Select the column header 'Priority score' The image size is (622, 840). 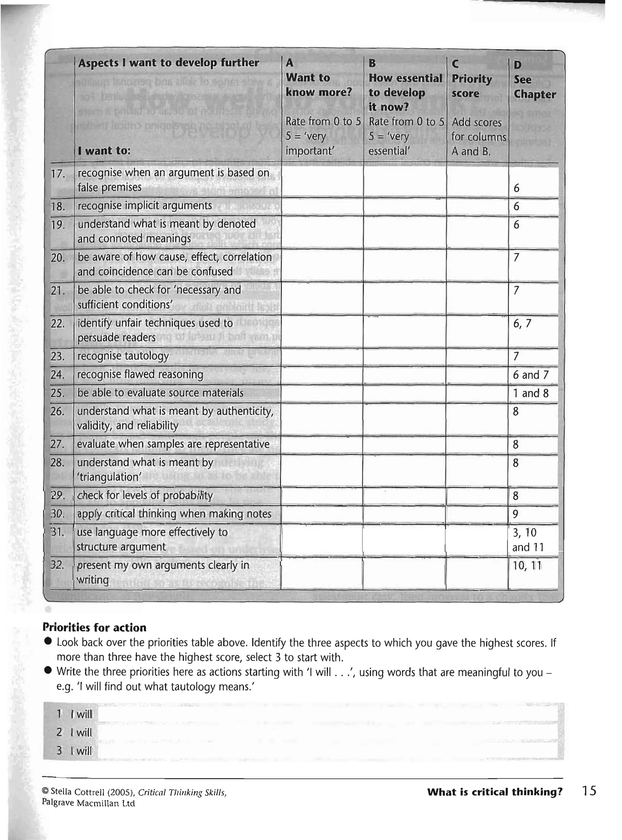[x=471, y=86]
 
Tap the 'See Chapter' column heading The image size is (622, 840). [x=534, y=87]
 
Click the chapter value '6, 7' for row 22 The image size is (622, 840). [x=522, y=323]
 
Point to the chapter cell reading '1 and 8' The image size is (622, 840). [x=530, y=393]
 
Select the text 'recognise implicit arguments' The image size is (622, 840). [x=145, y=206]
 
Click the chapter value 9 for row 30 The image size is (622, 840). [x=515, y=514]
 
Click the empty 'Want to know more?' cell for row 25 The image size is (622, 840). [x=322, y=393]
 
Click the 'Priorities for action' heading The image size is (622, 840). [x=94, y=627]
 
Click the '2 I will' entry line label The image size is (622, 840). [x=74, y=732]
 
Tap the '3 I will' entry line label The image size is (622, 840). [x=74, y=751]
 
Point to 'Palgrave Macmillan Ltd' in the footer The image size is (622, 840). [x=88, y=803]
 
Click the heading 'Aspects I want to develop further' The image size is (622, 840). [x=168, y=63]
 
